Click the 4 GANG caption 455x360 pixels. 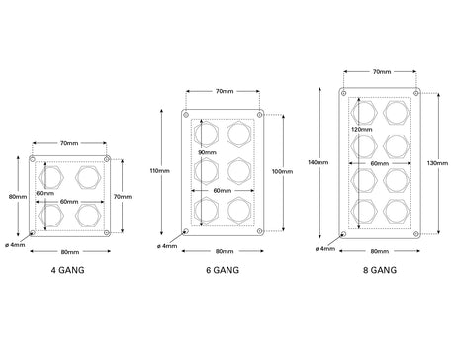(68, 270)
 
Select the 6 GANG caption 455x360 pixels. (223, 270)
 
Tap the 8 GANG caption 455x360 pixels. (380, 270)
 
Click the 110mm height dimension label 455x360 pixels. (160, 171)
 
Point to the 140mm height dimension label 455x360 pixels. (318, 162)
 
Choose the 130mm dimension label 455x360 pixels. (437, 163)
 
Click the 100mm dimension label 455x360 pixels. (282, 171)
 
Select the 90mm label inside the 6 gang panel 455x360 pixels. (207, 152)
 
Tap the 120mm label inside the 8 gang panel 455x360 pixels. (362, 130)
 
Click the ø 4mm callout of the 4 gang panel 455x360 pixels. (15, 245)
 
